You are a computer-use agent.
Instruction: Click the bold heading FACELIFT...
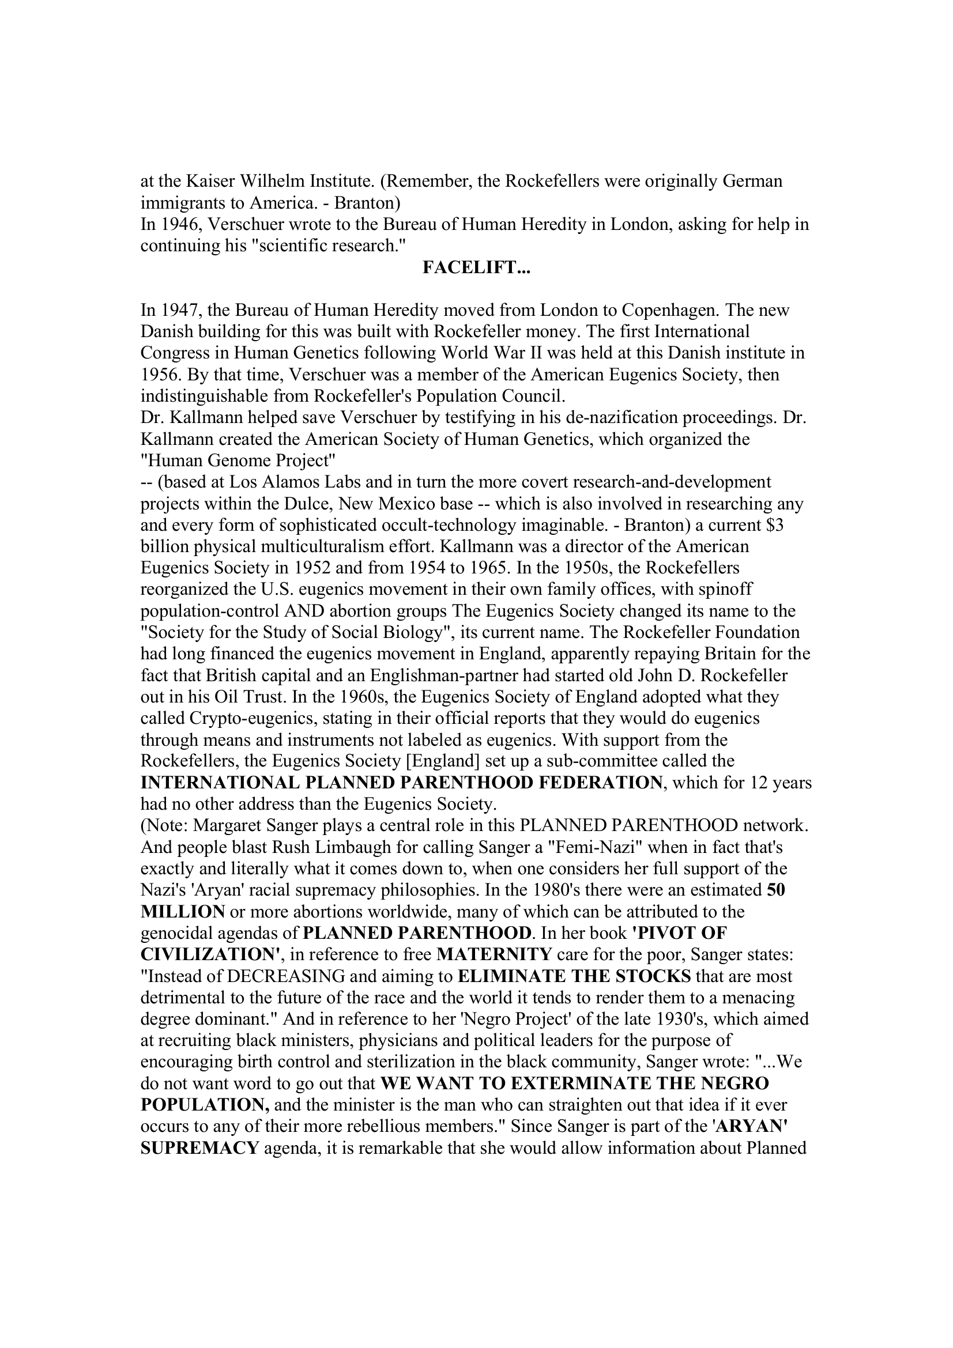point(476,268)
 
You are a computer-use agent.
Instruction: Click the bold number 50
point(776,890)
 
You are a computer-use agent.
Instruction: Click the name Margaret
point(225,826)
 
